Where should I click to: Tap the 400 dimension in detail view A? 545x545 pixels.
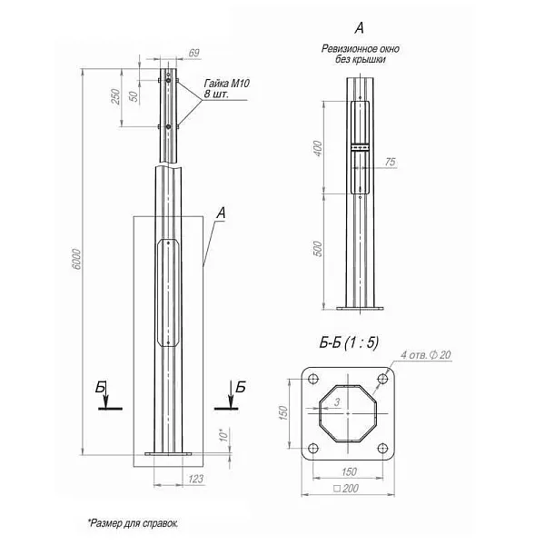coord(318,148)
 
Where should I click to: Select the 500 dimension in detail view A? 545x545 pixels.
coord(318,251)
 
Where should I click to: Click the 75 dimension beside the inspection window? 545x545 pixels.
coord(391,162)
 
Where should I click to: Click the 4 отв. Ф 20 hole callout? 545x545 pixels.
coord(425,354)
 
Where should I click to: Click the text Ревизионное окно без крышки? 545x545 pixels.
coord(360,53)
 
